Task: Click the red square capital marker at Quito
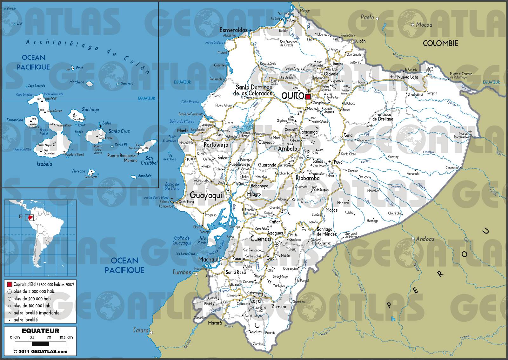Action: click(308, 97)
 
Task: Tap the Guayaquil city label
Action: click(206, 195)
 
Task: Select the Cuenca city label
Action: click(260, 239)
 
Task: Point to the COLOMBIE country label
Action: click(440, 44)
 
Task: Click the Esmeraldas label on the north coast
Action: click(233, 30)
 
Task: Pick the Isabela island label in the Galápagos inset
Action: click(44, 164)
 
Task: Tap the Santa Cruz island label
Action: click(119, 131)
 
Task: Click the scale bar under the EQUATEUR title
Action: click(40, 343)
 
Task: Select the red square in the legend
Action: click(9, 284)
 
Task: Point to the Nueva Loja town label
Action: click(408, 77)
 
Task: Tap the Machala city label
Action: click(208, 260)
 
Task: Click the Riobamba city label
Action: click(307, 178)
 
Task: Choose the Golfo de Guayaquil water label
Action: click(182, 241)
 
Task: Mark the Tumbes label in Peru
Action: click(182, 272)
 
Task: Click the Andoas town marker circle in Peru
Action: click(413, 238)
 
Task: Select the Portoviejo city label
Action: click(216, 145)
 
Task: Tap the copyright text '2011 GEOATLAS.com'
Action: click(40, 351)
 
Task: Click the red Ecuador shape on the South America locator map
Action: click(30, 218)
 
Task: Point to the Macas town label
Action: click(331, 210)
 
